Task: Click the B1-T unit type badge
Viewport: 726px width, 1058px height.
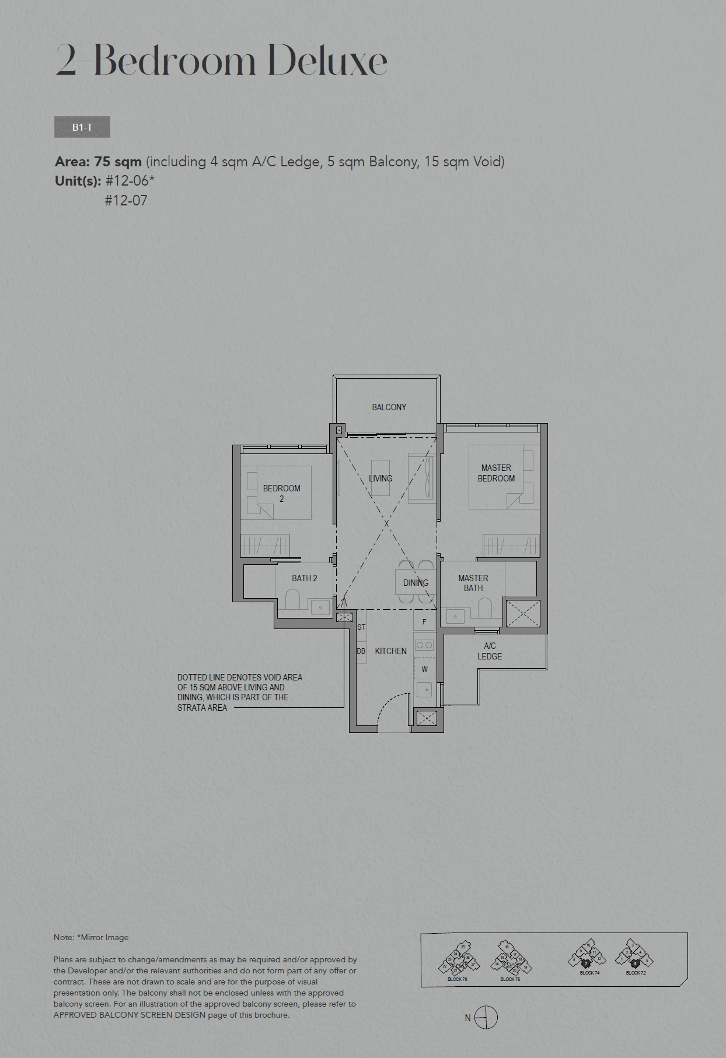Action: click(82, 127)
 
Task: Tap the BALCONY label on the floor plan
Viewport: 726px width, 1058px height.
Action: click(389, 407)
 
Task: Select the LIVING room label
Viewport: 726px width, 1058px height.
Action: click(381, 479)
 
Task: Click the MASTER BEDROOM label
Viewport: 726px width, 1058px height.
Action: click(496, 473)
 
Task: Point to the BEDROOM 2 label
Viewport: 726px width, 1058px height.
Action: click(281, 493)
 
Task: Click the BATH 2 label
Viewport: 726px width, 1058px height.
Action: click(304, 578)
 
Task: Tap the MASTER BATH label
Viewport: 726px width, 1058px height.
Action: click(473, 583)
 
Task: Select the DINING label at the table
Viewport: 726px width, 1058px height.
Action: click(416, 583)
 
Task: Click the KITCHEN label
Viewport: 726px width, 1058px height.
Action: click(390, 651)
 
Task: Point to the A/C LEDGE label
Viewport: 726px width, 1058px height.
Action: click(490, 651)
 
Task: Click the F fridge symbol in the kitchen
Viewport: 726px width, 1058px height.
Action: click(424, 622)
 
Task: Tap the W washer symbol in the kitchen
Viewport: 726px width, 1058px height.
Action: click(424, 669)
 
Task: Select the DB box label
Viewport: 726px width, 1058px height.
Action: click(361, 651)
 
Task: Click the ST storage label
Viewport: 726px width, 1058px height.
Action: click(361, 627)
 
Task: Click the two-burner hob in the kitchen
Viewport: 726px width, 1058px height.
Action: click(424, 645)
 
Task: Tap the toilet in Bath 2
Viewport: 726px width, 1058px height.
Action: click(292, 600)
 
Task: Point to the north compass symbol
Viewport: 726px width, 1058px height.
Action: click(486, 1018)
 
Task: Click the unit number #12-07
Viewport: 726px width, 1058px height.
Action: click(126, 201)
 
